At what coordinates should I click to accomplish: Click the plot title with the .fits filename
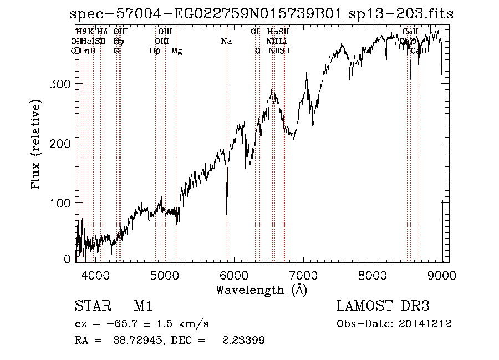point(261,14)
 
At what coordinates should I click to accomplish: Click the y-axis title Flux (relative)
point(37,145)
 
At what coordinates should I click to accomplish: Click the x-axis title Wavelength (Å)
point(261,290)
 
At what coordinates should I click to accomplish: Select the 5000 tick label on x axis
point(165,275)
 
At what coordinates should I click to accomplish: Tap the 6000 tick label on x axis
point(234,275)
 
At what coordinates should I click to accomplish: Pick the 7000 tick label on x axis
point(303,275)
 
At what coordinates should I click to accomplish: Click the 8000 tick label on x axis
point(373,275)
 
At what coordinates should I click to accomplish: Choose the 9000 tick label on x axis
point(441,275)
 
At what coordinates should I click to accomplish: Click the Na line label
point(226,42)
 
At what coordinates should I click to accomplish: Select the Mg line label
point(176,51)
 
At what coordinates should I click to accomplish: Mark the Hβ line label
point(155,51)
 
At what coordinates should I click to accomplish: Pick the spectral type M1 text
point(143,306)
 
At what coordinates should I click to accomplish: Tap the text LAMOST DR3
point(383,306)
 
